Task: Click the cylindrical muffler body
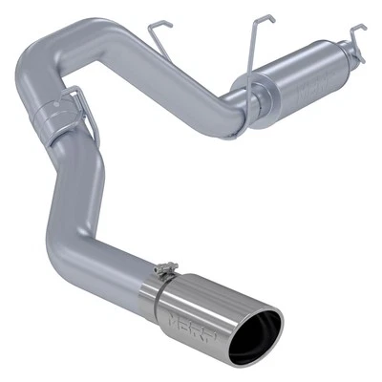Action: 301,91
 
